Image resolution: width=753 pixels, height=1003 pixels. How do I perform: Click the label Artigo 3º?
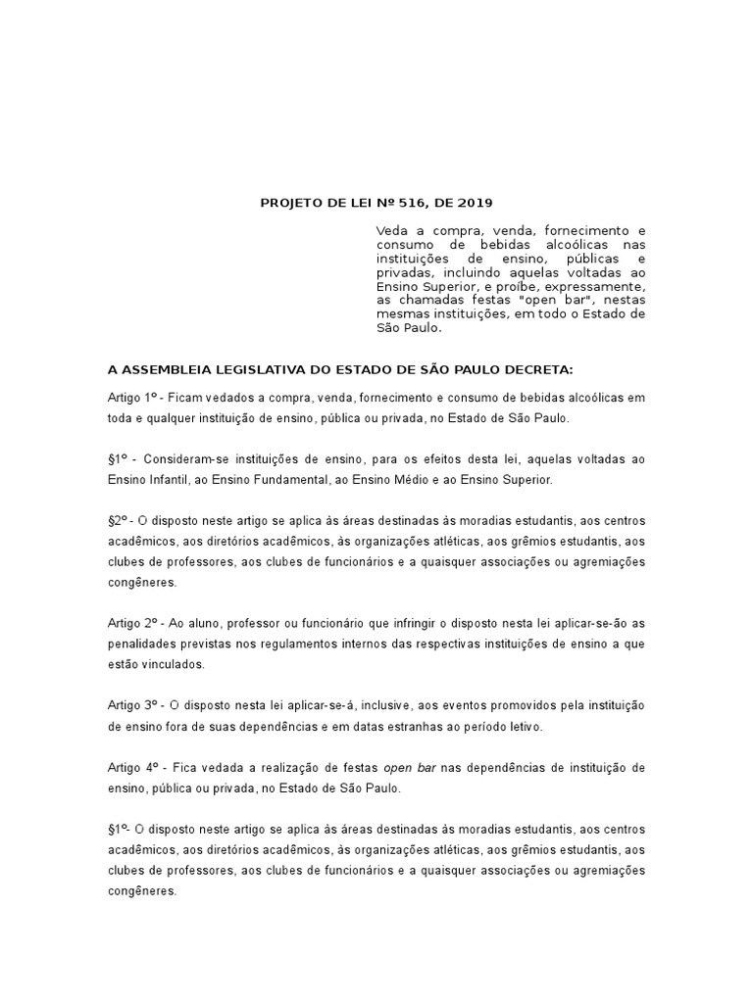(x=132, y=705)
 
